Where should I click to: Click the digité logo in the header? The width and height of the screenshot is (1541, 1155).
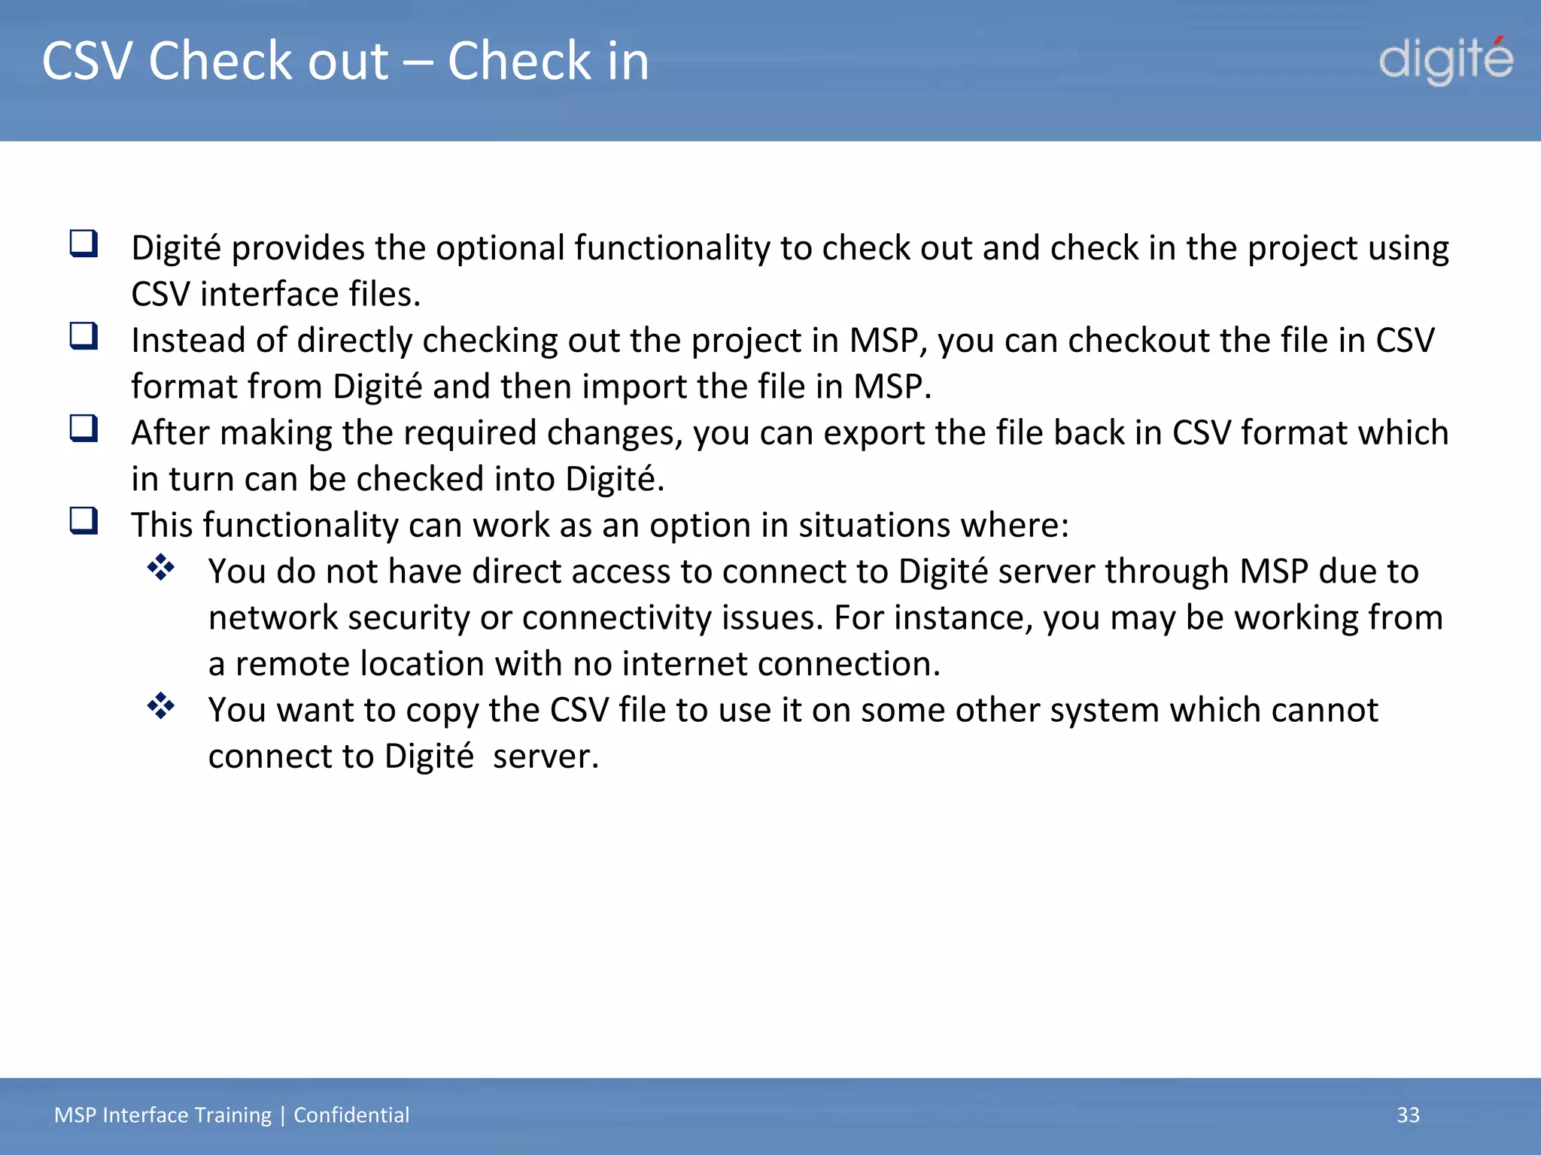tap(1445, 60)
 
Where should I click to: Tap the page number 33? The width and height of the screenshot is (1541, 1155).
tap(1408, 1114)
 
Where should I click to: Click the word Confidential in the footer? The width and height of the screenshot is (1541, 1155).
tap(351, 1114)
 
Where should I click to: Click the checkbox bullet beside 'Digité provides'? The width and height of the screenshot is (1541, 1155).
tap(84, 244)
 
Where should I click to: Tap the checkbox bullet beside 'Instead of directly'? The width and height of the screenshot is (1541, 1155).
tap(84, 336)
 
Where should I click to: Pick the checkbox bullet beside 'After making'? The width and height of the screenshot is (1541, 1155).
tap(84, 429)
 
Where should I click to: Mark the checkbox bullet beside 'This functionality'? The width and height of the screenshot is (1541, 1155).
tap(84, 520)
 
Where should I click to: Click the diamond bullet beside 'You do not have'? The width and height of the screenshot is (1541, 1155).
tap(161, 568)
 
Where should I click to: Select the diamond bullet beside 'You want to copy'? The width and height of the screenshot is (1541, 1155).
tap(161, 706)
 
